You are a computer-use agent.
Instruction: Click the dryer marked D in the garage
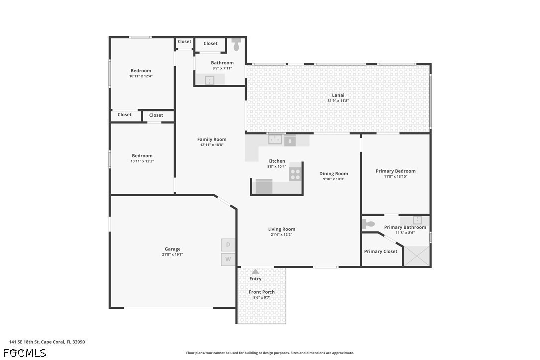(x=228, y=245)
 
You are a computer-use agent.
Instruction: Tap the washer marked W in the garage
(x=228, y=259)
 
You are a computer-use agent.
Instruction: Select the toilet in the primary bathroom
(x=368, y=224)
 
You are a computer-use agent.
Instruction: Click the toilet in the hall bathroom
(x=236, y=44)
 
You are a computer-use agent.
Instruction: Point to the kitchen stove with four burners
(x=295, y=175)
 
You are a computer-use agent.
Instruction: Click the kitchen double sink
(x=275, y=140)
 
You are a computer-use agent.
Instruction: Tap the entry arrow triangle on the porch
(x=255, y=271)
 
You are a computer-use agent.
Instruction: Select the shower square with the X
(x=417, y=256)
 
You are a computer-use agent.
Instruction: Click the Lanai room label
(x=338, y=95)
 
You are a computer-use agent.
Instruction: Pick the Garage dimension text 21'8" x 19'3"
(x=172, y=254)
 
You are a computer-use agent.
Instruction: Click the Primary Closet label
(x=380, y=252)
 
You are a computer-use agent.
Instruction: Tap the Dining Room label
(x=333, y=173)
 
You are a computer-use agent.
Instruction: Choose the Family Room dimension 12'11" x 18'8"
(x=212, y=145)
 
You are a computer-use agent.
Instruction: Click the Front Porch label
(x=262, y=292)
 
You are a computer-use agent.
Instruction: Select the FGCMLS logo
(x=25, y=353)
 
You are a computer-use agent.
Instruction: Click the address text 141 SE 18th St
(x=24, y=342)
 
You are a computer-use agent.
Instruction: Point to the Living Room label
(x=281, y=229)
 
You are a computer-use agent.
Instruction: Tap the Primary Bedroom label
(x=395, y=171)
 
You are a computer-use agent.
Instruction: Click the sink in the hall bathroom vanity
(x=210, y=80)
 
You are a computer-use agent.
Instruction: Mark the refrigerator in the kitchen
(x=264, y=186)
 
